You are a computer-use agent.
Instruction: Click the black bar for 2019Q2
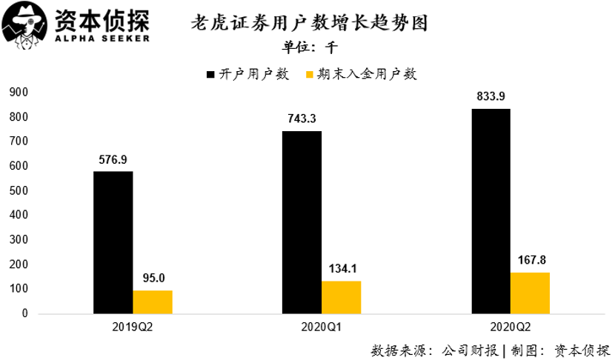point(113,242)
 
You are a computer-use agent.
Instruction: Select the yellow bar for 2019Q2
point(153,301)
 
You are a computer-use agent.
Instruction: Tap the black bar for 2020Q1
point(302,222)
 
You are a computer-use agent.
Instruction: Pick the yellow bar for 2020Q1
point(342,297)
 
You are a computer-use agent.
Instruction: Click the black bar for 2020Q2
point(491,211)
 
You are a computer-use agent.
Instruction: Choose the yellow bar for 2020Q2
point(530,293)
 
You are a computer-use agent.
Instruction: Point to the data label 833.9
point(491,96)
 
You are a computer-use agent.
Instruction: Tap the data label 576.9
point(113,159)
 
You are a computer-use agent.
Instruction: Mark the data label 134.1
point(342,269)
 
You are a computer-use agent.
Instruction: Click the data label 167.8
point(530,261)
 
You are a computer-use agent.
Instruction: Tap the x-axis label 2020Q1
point(322,327)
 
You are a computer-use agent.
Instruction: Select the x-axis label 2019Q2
point(133,327)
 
